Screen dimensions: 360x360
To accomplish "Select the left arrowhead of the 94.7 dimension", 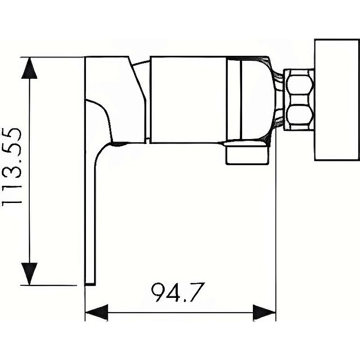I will coord(97,311).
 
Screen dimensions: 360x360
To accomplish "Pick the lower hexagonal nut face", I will coord(299,115).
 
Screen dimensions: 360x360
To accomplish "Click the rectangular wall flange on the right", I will coord(337,100).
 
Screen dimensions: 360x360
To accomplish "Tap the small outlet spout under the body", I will coord(247,153).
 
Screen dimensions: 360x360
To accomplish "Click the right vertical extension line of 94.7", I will coord(275,225).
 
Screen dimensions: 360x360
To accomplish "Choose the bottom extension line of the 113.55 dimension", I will coord(54,285).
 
